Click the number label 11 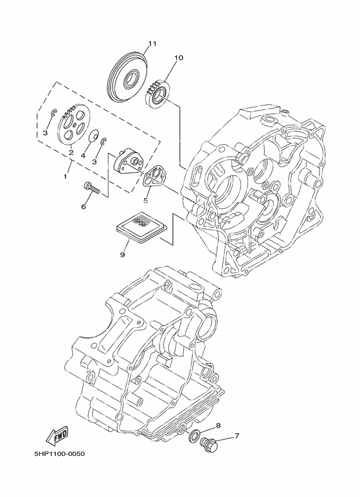pos(152,44)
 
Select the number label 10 pos(178,58)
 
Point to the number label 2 pos(71,153)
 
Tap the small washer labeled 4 pos(93,136)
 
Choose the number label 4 pos(83,155)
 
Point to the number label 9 pos(122,255)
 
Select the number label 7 pos(236,437)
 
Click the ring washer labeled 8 pos(194,437)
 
